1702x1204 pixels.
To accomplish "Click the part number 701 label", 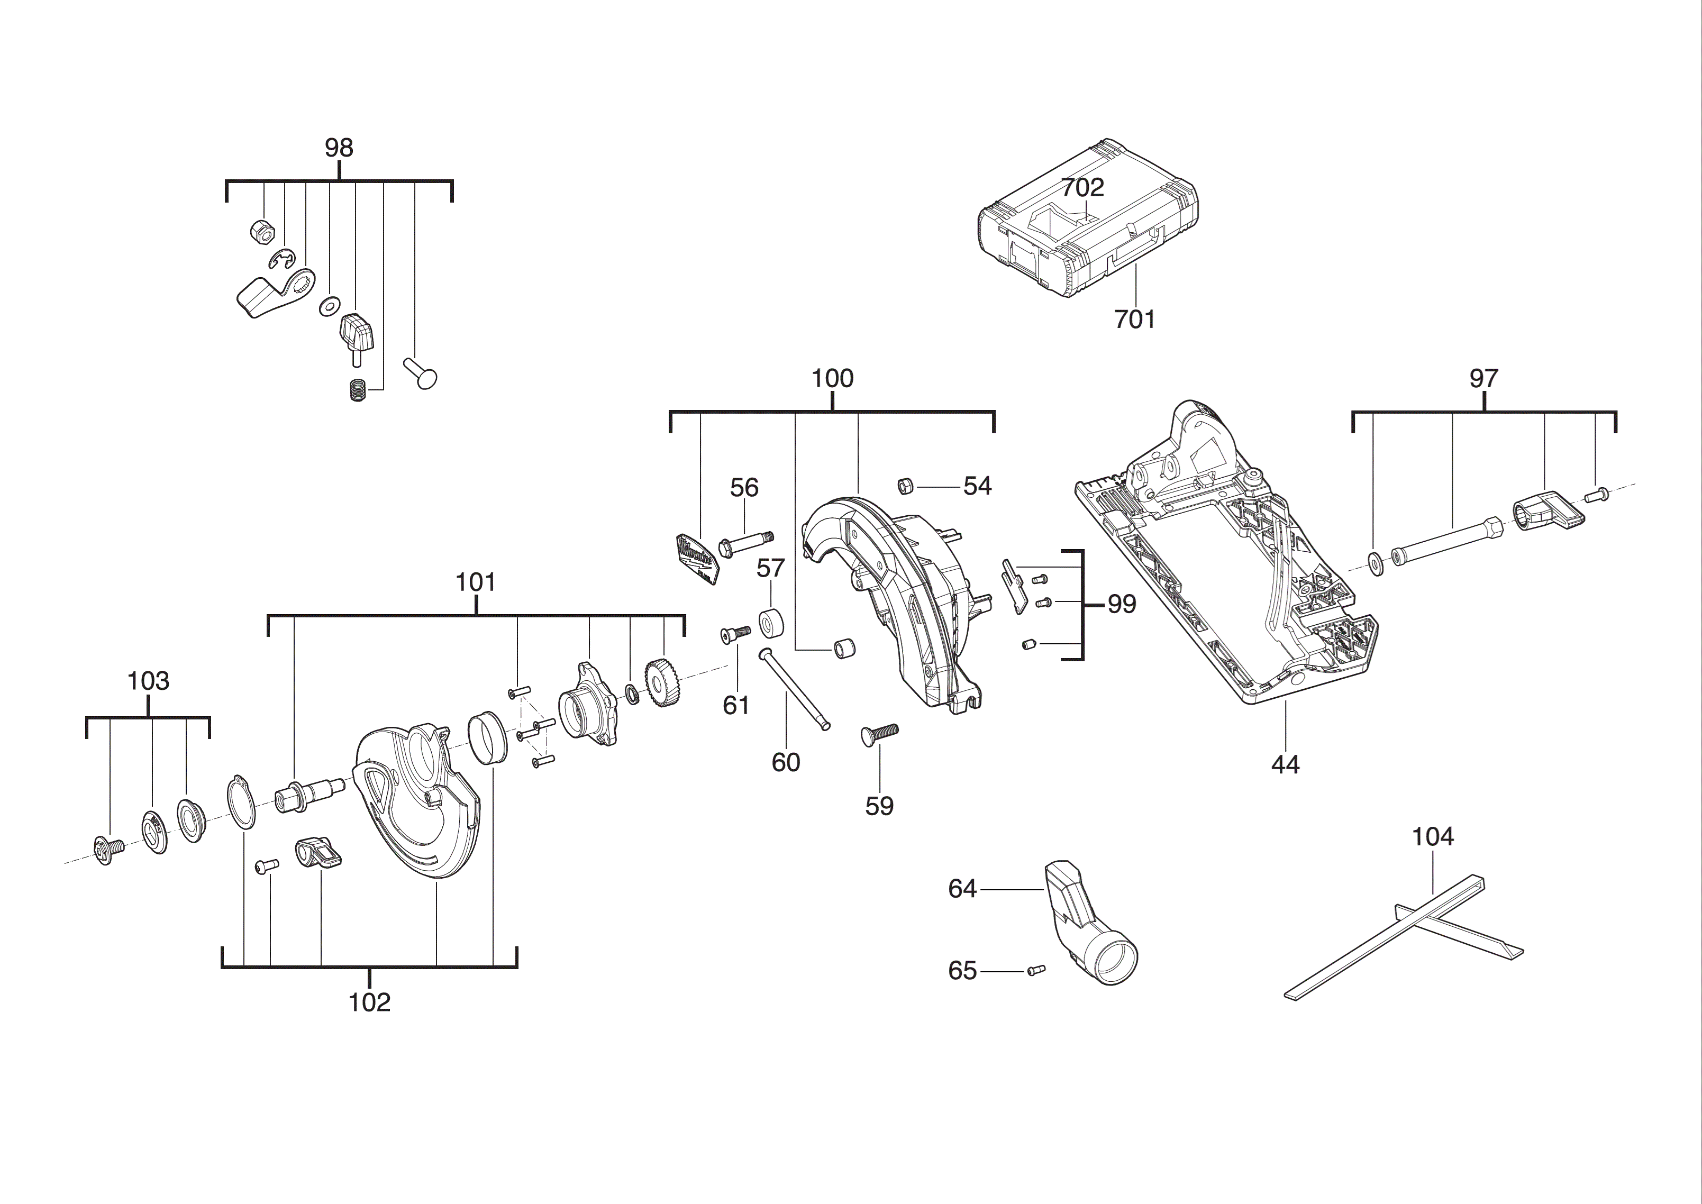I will pos(1135,320).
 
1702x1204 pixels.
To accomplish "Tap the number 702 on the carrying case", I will pos(1082,188).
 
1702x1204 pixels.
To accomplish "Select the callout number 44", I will pos(1286,764).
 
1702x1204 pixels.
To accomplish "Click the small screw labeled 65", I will pos(1035,970).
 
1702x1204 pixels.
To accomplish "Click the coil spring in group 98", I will pos(358,390).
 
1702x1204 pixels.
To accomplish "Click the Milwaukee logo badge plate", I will pos(697,558).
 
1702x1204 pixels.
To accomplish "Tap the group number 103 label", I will pos(148,681).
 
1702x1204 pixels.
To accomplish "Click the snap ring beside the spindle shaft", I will pos(241,801).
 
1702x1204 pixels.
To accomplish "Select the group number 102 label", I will pos(369,1002).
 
